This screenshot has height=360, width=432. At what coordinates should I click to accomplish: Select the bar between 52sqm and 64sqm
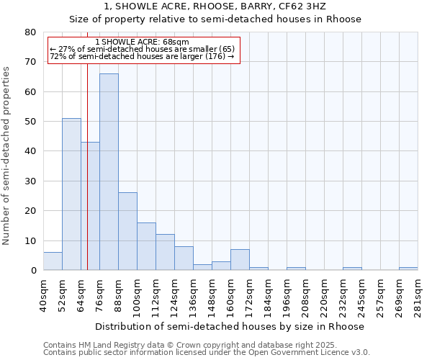click(71, 194)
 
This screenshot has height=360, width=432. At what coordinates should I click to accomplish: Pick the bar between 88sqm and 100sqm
click(127, 231)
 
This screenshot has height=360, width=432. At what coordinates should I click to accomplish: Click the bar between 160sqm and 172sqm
click(240, 260)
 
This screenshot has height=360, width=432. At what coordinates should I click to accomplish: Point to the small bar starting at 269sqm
click(408, 269)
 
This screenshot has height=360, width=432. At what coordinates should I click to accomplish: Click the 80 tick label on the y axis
click(30, 32)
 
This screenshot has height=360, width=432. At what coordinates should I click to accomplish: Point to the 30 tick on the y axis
click(30, 181)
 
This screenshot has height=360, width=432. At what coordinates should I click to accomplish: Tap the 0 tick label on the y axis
click(32, 271)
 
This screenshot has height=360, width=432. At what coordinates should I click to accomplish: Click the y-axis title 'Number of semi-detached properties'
click(7, 155)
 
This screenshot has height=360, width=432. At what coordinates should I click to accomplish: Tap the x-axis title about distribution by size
click(230, 326)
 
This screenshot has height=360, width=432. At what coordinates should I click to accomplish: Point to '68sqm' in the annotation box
click(176, 42)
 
